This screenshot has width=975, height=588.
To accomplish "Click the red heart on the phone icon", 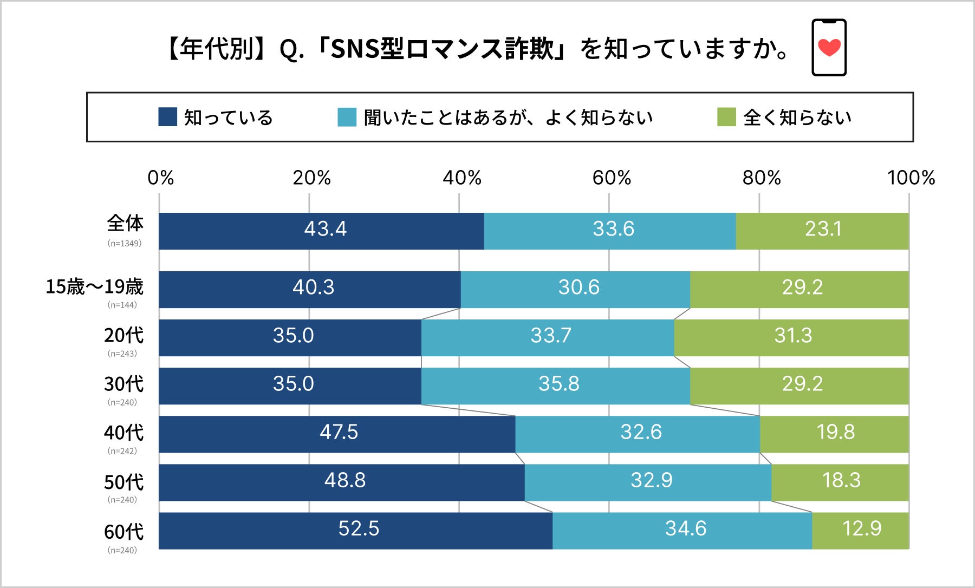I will pyautogui.click(x=829, y=48).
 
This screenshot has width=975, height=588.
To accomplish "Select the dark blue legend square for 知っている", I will pyautogui.click(x=167, y=117).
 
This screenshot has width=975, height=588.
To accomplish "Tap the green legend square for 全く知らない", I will pyautogui.click(x=726, y=117).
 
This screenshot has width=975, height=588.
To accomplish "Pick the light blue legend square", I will pyautogui.click(x=347, y=117).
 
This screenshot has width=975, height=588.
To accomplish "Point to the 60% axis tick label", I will pyautogui.click(x=612, y=178).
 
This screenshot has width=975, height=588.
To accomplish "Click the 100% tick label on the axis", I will pyautogui.click(x=911, y=178).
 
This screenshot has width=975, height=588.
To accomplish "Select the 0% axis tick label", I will pyautogui.click(x=161, y=178).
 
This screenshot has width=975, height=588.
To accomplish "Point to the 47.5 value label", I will pyautogui.click(x=339, y=432).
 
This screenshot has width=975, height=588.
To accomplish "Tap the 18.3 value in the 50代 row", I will pyautogui.click(x=841, y=480).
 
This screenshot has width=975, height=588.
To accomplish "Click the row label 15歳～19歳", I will pyautogui.click(x=94, y=287).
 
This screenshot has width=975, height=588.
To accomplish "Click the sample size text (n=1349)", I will pyautogui.click(x=124, y=244).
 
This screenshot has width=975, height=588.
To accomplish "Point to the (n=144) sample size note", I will pyautogui.click(x=122, y=305).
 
